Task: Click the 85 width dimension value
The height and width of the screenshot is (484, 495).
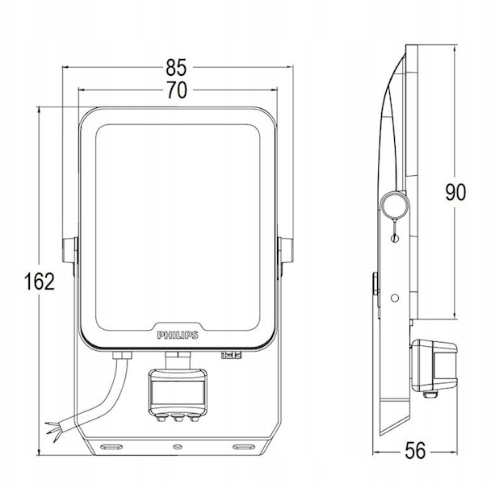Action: (177, 68)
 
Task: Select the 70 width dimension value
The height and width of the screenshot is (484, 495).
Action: (177, 90)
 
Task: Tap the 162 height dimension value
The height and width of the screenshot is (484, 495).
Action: (40, 282)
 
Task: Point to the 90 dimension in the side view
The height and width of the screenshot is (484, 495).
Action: (455, 192)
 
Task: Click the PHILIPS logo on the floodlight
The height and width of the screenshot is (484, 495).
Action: (178, 336)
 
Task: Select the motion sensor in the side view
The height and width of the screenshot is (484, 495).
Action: (434, 366)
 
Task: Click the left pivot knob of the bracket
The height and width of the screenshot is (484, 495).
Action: (69, 250)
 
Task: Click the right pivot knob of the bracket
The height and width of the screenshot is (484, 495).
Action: (286, 250)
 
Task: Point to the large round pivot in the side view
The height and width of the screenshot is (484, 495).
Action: (395, 205)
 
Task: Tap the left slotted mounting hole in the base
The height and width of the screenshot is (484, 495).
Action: (111, 446)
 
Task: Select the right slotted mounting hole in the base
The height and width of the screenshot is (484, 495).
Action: (244, 446)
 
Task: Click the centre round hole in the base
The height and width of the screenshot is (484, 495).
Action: (178, 446)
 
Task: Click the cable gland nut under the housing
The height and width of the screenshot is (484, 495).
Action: (122, 356)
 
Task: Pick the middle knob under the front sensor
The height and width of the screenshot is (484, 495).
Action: (178, 418)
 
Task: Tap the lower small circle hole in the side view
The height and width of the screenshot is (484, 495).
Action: (394, 298)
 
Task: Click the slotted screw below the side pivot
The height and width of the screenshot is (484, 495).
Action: (394, 239)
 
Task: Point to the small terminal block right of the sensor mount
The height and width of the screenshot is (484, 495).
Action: (231, 355)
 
